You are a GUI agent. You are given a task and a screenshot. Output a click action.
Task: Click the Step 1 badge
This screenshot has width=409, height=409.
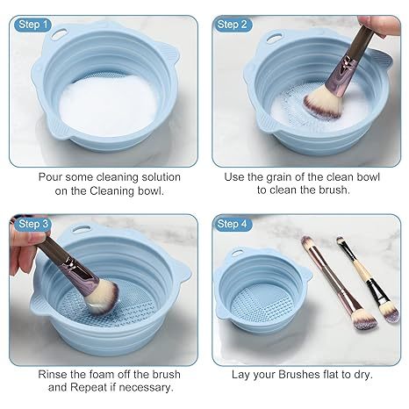pyautogui.click(x=33, y=25)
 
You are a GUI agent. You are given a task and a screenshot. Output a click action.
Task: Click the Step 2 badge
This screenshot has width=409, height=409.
pyautogui.click(x=233, y=25)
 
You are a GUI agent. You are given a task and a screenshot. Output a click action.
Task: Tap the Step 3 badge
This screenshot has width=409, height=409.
pyautogui.click(x=33, y=224)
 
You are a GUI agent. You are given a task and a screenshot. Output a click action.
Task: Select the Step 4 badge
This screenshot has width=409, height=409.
pyautogui.click(x=233, y=224)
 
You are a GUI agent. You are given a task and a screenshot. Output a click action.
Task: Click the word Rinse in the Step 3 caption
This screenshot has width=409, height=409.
pyautogui.click(x=54, y=374)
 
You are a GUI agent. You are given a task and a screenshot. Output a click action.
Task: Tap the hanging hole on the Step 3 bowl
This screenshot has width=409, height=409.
pyautogui.click(x=85, y=235)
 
